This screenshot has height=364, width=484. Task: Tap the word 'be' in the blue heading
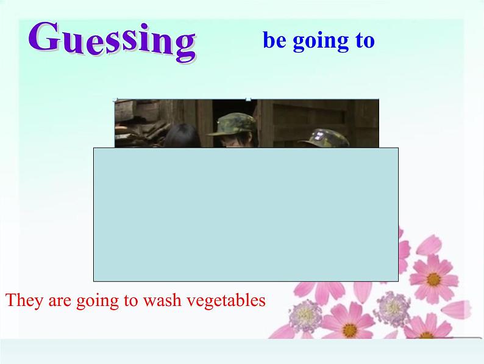pos(274,40)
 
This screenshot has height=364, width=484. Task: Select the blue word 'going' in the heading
pos(321,42)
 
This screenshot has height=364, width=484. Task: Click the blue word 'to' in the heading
pos(365,40)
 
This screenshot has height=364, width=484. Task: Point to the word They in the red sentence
pos(24,300)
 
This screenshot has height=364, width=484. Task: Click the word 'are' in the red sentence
pos(60,301)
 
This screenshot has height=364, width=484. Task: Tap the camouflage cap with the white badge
pos(324,138)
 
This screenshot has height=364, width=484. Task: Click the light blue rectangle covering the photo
pos(246,214)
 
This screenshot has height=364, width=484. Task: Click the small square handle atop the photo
pos(248,100)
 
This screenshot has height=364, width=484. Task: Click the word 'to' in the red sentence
pos(130,301)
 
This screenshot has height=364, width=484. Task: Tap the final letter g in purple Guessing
pos(185,47)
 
